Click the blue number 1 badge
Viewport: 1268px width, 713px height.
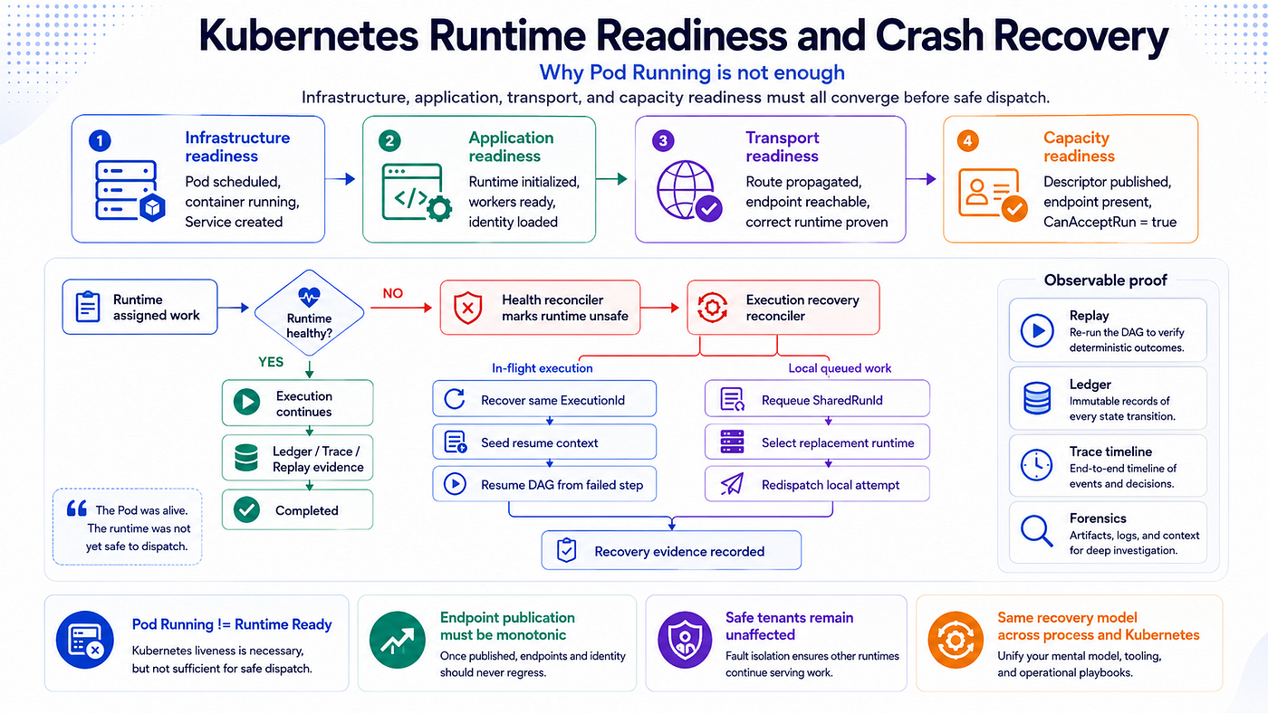100,141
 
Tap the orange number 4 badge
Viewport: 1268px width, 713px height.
967,141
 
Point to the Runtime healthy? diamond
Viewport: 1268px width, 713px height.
309,313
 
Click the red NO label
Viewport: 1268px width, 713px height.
393,293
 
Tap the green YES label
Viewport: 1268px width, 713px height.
271,362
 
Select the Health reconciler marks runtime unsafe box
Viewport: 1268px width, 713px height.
540,308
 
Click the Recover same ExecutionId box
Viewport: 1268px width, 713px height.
544,399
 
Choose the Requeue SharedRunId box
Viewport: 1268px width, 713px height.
817,399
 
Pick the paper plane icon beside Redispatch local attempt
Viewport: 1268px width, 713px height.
732,485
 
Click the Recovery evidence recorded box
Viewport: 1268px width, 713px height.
671,550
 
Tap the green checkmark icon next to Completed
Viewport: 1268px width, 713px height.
246,510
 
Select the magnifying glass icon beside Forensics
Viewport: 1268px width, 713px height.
1036,531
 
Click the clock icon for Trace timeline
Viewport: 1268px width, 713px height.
1036,465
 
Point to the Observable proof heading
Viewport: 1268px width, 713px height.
1106,280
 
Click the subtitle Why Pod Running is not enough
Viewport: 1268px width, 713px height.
692,72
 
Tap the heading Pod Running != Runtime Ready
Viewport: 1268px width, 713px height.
232,624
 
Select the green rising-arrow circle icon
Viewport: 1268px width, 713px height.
398,640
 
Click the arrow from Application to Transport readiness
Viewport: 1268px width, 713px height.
612,179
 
